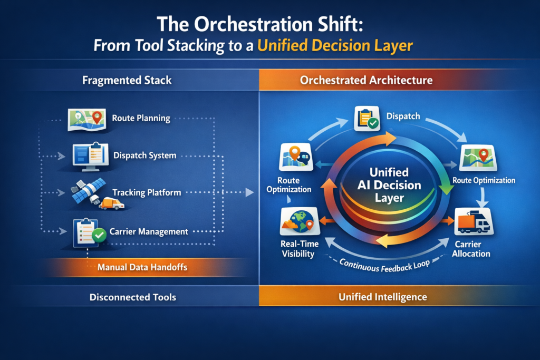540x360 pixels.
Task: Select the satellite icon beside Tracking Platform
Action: coord(85,192)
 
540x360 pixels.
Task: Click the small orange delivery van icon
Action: coord(111,203)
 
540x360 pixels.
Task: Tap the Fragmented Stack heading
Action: coord(127,81)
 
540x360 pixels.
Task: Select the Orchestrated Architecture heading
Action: coord(366,81)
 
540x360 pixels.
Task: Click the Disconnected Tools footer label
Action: coord(132,297)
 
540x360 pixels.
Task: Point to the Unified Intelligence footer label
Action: coord(382,297)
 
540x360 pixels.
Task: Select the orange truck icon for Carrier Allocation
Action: coord(473,222)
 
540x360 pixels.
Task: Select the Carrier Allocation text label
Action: coord(472,249)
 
